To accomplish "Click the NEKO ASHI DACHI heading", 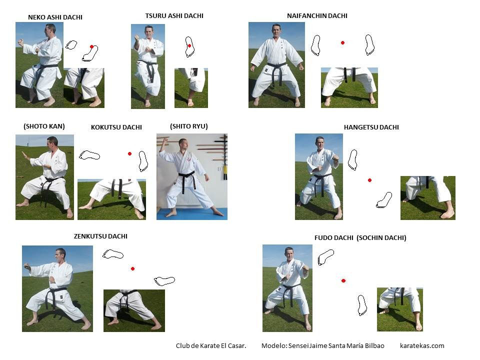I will click(55, 17).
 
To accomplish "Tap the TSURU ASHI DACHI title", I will click(174, 15).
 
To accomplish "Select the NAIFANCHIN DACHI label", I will click(317, 15).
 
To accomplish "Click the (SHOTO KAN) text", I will click(44, 126).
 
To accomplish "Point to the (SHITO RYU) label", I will click(188, 126).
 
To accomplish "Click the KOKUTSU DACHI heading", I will click(116, 127).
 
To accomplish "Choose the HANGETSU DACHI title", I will click(371, 127).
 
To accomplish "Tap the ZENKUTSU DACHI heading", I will click(100, 236).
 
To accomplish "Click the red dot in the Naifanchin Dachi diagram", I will click(342, 43).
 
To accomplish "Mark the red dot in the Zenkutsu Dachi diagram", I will click(132, 269).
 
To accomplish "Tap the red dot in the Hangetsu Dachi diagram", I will click(369, 180).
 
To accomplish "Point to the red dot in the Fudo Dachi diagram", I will click(343, 280).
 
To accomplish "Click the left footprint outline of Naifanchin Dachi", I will click(315, 45).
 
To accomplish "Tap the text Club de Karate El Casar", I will click(211, 345).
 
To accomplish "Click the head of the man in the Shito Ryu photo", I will click(182, 143).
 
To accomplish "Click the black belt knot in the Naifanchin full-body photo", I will click(276, 67).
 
